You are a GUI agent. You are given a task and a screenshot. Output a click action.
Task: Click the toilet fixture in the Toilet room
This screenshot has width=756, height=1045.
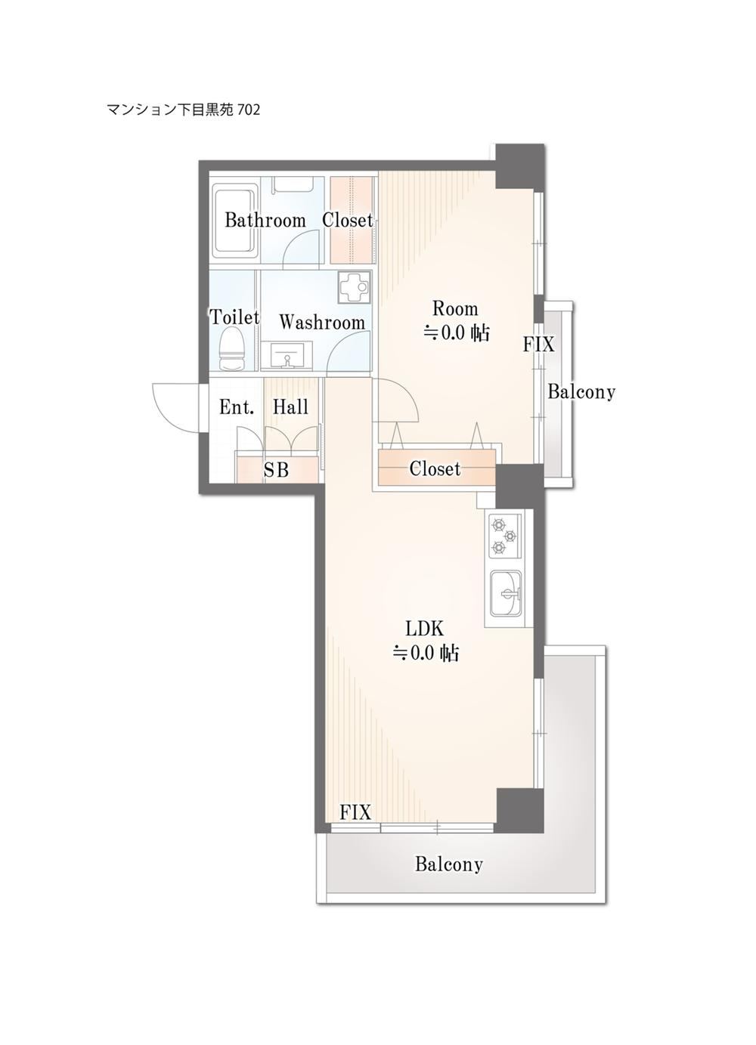tap(232, 348)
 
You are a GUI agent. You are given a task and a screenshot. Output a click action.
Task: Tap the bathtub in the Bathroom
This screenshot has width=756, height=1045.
tap(235, 221)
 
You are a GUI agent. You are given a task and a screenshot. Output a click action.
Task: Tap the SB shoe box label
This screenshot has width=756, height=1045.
tap(276, 470)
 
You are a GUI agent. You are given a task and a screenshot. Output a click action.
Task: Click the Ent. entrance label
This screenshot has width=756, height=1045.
tap(237, 408)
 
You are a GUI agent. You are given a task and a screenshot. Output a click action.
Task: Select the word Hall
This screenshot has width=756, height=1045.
tap(290, 407)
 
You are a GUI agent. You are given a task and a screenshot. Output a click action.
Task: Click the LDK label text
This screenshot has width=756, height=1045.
tap(424, 629)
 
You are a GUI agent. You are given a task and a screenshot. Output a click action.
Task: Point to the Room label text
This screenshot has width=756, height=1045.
tap(455, 308)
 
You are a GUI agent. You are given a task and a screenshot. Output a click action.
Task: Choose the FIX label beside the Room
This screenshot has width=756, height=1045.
tap(538, 345)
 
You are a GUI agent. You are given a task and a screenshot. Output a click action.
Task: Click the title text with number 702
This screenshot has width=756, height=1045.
tap(184, 110)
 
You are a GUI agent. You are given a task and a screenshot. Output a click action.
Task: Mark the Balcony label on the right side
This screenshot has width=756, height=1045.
tap(581, 392)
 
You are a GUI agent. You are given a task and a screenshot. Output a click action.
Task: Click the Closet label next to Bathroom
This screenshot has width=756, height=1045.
tap(348, 220)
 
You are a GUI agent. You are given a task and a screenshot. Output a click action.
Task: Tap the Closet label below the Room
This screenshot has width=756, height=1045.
tap(435, 468)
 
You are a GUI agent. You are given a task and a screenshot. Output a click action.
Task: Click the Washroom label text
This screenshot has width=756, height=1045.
tap(322, 323)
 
